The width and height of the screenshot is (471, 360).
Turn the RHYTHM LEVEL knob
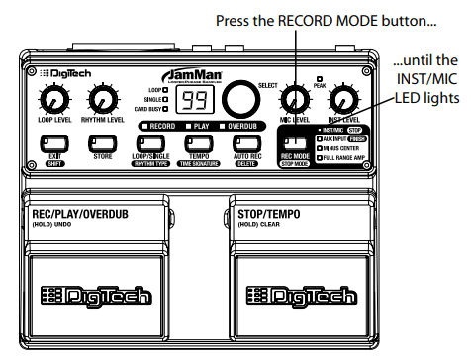[x=100, y=98]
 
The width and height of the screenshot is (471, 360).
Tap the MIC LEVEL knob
[x=293, y=98]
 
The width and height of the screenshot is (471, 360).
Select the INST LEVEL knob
[x=342, y=98]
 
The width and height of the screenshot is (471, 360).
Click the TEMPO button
[x=199, y=144]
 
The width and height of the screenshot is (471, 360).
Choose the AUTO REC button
[x=247, y=144]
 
